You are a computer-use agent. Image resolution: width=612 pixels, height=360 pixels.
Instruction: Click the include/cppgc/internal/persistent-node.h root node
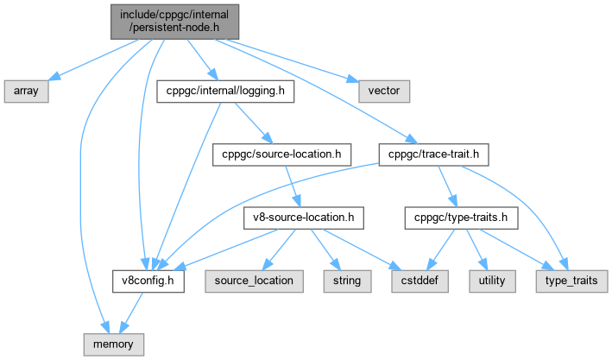coord(174,21)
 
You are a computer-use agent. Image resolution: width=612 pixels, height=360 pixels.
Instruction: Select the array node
coord(25,90)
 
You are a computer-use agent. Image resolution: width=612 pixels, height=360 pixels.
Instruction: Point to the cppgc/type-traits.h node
coord(461,218)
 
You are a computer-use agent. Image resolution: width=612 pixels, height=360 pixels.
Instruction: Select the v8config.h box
coord(148,281)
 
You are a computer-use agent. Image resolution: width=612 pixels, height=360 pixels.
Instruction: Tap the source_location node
coord(254,281)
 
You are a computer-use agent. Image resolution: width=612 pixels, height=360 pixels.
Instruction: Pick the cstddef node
coord(419,281)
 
